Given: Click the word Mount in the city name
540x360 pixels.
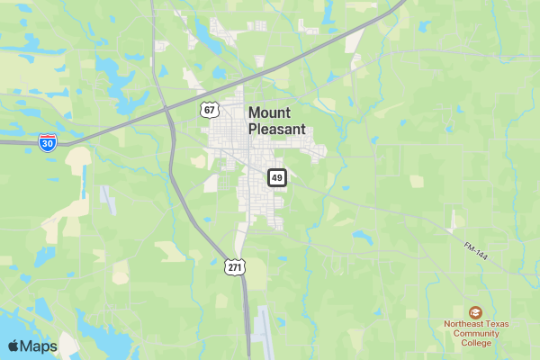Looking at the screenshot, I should [x=269, y=112].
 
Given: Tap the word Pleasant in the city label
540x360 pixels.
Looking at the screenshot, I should [x=276, y=129].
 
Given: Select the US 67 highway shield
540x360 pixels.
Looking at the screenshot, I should [x=210, y=110].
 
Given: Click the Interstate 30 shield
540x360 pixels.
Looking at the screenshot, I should [x=49, y=141].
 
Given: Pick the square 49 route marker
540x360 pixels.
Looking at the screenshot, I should [x=276, y=177].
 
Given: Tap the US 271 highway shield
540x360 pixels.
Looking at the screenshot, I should [x=235, y=267].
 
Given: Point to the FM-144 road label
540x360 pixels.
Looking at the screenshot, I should [x=476, y=251].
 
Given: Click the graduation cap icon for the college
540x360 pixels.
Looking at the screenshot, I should [x=475, y=311].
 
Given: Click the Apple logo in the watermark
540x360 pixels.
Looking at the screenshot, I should [x=13, y=346].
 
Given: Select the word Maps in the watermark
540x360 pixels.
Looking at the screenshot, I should [x=39, y=346].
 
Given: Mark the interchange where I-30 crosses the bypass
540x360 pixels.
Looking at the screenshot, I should [x=167, y=111].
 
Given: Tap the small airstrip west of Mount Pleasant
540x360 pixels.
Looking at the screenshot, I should [x=108, y=198].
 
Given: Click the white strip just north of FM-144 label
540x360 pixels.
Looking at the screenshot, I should [x=454, y=221].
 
